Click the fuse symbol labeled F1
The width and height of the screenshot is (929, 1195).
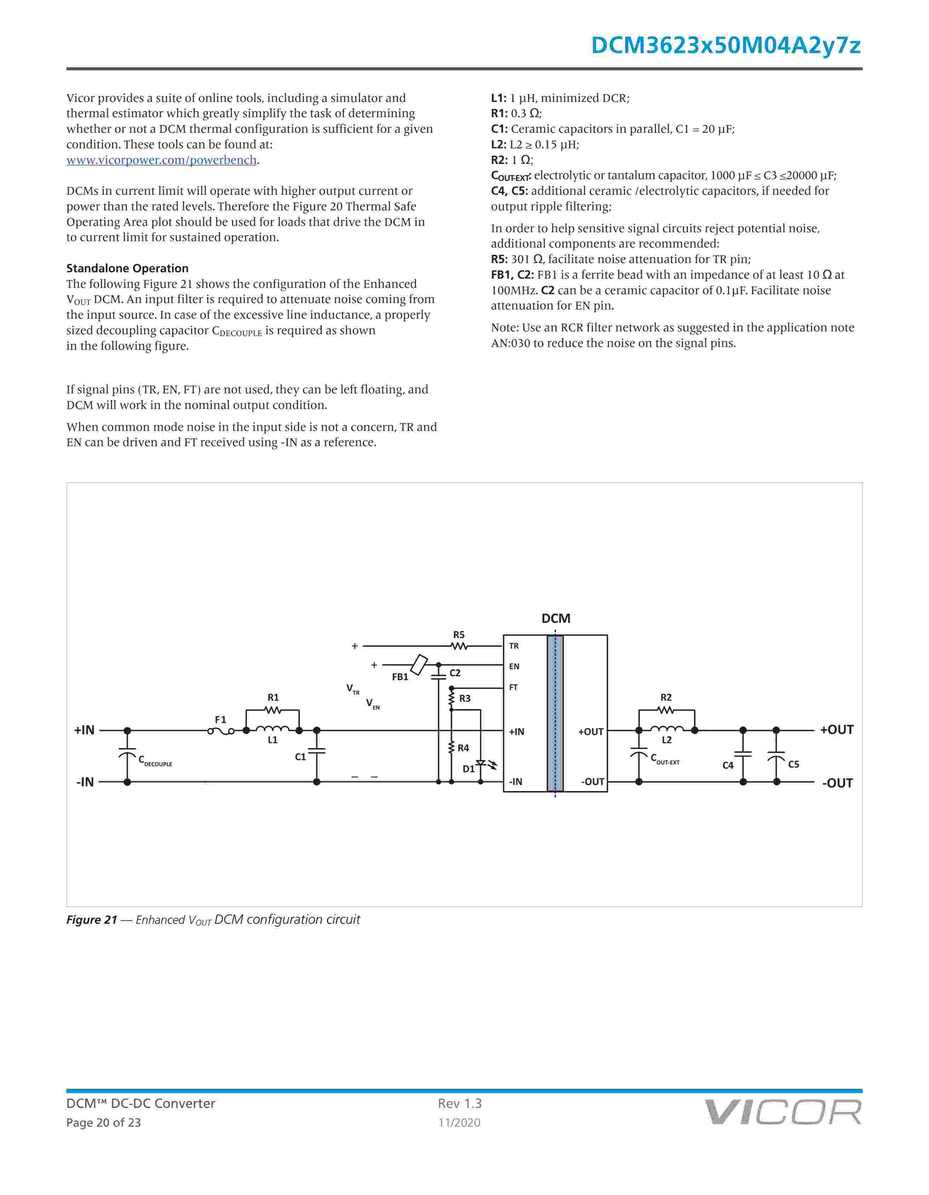(221, 731)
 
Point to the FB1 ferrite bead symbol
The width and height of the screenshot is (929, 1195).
(419, 665)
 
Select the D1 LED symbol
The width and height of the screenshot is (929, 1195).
(481, 763)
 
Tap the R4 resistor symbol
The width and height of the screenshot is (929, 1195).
(452, 747)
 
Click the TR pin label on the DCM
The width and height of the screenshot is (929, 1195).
(514, 646)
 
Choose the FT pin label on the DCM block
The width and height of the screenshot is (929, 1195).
(514, 688)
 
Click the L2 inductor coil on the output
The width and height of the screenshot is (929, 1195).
(666, 729)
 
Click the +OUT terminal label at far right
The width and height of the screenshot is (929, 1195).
(837, 730)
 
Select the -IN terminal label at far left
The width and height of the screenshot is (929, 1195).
(85, 783)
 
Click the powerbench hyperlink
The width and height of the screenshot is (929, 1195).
(162, 160)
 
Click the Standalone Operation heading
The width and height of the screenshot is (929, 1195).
(127, 268)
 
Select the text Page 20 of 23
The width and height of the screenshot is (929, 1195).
(103, 1123)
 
